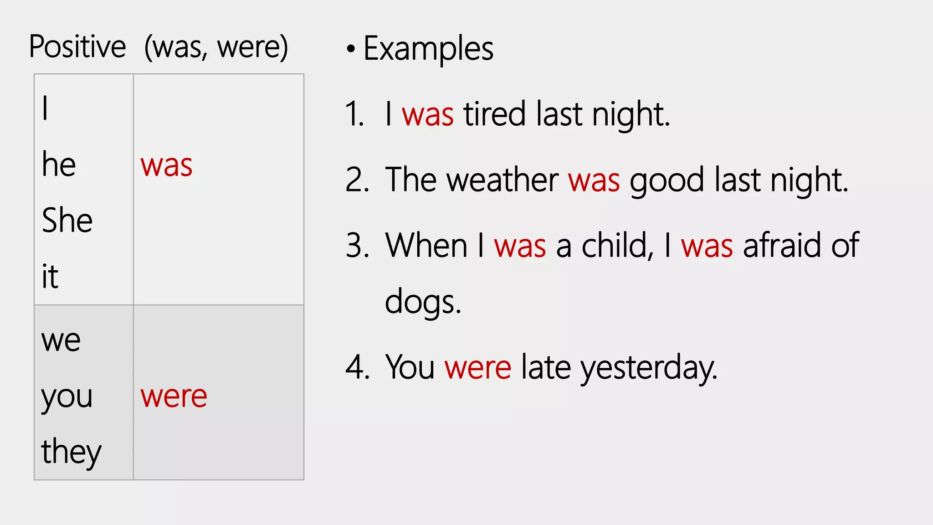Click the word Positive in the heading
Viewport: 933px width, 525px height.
pyautogui.click(x=77, y=47)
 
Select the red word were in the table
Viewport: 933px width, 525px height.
pyautogui.click(x=174, y=396)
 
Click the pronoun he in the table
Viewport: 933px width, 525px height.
pyautogui.click(x=59, y=165)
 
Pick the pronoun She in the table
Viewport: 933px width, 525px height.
pyautogui.click(x=67, y=220)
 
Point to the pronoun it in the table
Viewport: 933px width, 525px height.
pyautogui.click(x=50, y=276)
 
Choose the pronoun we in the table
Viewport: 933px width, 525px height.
pyautogui.click(x=61, y=340)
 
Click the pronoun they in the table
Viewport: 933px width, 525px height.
pyautogui.click(x=71, y=452)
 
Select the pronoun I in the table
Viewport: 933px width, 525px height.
pyautogui.click(x=45, y=108)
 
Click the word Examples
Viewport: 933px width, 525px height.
pyautogui.click(x=428, y=49)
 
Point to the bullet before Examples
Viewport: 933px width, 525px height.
pyautogui.click(x=350, y=49)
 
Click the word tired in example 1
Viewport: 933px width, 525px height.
pyautogui.click(x=494, y=114)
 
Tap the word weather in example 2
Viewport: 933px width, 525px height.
pyautogui.click(x=502, y=180)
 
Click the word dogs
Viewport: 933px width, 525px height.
pyautogui.click(x=422, y=302)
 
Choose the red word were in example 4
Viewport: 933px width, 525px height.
pyautogui.click(x=478, y=367)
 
